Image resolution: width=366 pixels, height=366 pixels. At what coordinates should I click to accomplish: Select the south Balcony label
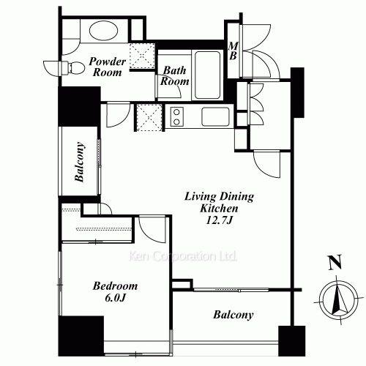coord(234,316)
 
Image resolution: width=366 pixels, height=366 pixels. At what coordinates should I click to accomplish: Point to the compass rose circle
coord(337,299)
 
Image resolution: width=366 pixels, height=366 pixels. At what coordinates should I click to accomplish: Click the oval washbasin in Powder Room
coord(103,32)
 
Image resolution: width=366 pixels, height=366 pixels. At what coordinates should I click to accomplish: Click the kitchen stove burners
coord(176,116)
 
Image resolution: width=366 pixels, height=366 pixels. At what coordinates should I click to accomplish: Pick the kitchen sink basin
coord(215,117)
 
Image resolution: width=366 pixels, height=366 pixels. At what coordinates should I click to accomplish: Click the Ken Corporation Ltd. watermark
coord(182,256)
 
